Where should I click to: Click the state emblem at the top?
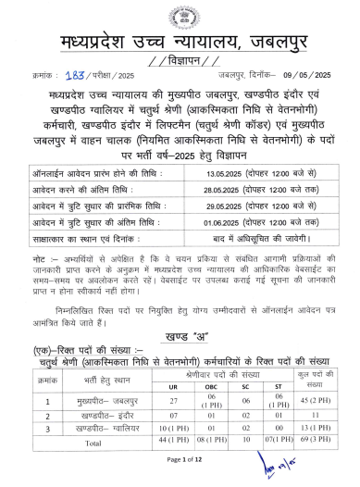click(x=180, y=18)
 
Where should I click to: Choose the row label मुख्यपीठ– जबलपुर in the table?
click(x=93, y=374)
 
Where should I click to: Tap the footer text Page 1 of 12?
click(x=180, y=460)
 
